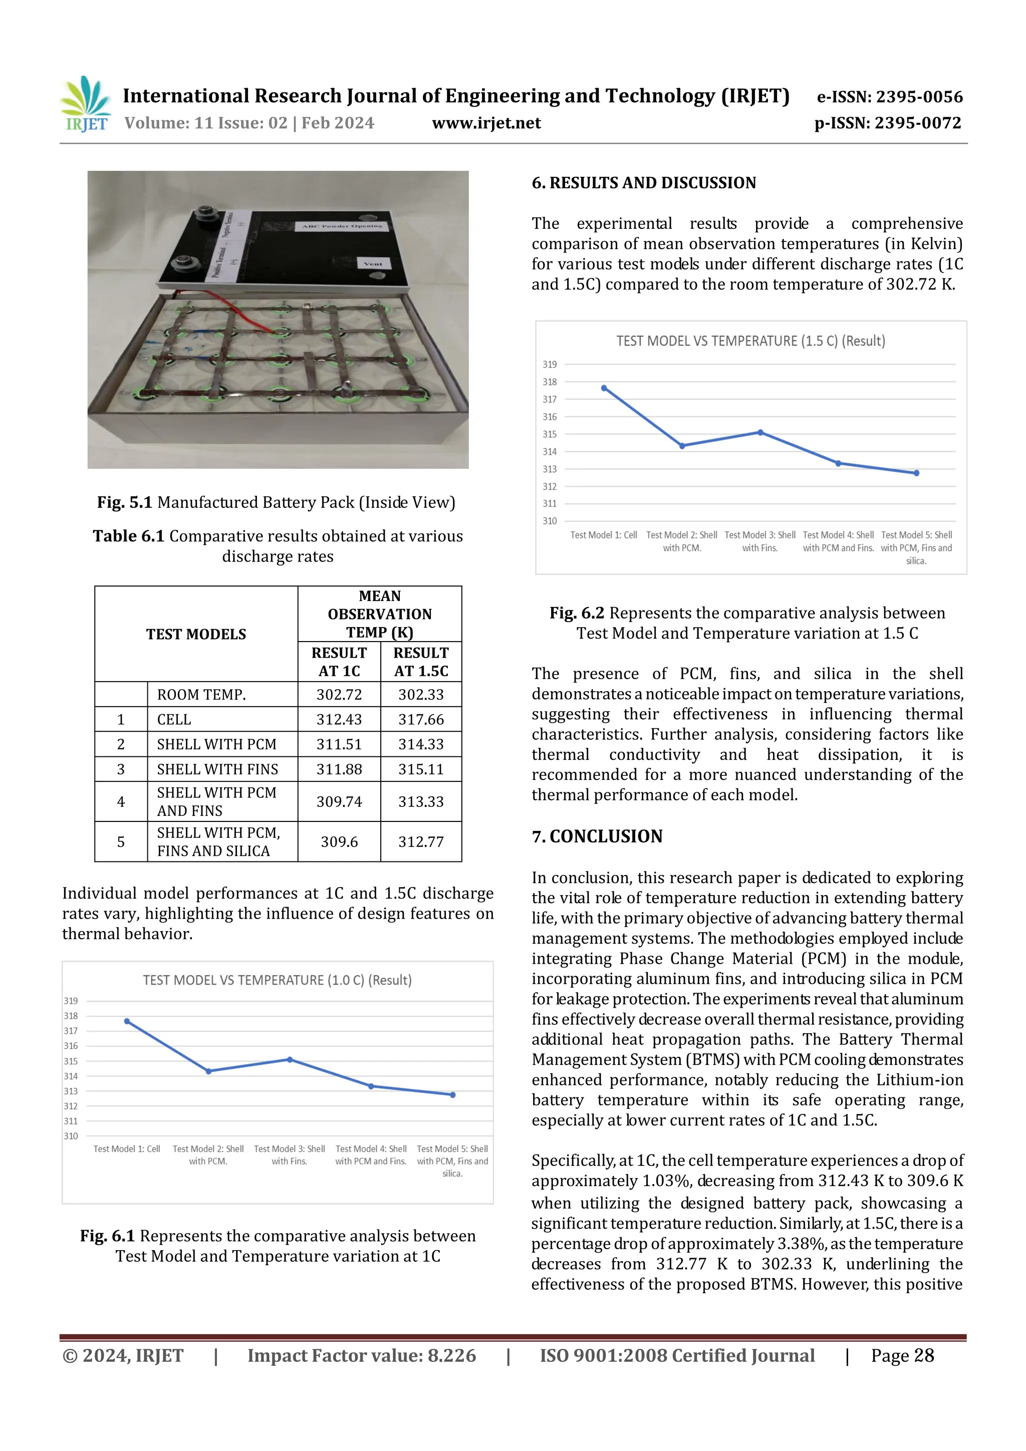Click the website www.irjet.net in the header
point(486,123)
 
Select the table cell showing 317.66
point(421,719)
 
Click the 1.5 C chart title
point(750,341)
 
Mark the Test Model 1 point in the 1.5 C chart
point(604,388)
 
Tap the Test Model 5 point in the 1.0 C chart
point(452,1095)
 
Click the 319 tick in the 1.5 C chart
point(550,365)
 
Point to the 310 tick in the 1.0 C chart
point(71,1136)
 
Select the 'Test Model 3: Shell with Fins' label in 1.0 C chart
point(290,1155)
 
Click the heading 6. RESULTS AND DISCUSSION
point(644,183)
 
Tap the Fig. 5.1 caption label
point(125,502)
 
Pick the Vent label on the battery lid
point(373,263)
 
